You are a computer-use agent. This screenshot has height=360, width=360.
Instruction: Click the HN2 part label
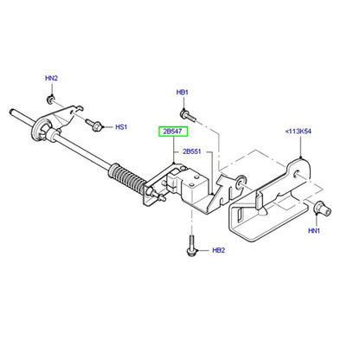pos(51,78)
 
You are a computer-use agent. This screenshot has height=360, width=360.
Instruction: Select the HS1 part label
pos(121,127)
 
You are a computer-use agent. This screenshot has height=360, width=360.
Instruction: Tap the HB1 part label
pos(183,93)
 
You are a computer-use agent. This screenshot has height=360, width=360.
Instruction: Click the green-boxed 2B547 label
pos(173,132)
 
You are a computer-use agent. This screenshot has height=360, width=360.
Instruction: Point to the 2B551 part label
pos(192,151)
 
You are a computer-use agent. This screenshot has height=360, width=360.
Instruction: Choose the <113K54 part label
pos(299,132)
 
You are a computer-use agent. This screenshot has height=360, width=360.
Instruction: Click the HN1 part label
pos(314,231)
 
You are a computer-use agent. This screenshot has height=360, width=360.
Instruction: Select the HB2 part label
pos(218,250)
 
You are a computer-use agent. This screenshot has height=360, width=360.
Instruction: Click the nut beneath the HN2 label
pos(50,100)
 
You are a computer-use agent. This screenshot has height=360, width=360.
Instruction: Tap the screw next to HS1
pos(93,125)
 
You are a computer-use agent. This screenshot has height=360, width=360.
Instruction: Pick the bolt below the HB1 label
pos(188,116)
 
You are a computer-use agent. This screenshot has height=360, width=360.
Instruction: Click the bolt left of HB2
pos(191,246)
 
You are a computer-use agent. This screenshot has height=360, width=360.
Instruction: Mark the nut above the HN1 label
pos(322,209)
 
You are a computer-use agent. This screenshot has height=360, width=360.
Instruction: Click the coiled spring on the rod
pos(127,179)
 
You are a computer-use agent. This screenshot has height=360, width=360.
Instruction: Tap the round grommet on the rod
pos(42,130)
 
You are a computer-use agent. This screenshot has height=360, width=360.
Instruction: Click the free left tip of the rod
pos(10,111)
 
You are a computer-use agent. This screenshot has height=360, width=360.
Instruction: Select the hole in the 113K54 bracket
pos(297,175)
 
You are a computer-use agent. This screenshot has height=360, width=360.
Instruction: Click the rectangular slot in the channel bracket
pos(240,216)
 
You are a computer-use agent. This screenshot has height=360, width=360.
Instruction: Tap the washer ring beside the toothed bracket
pos(241,182)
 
